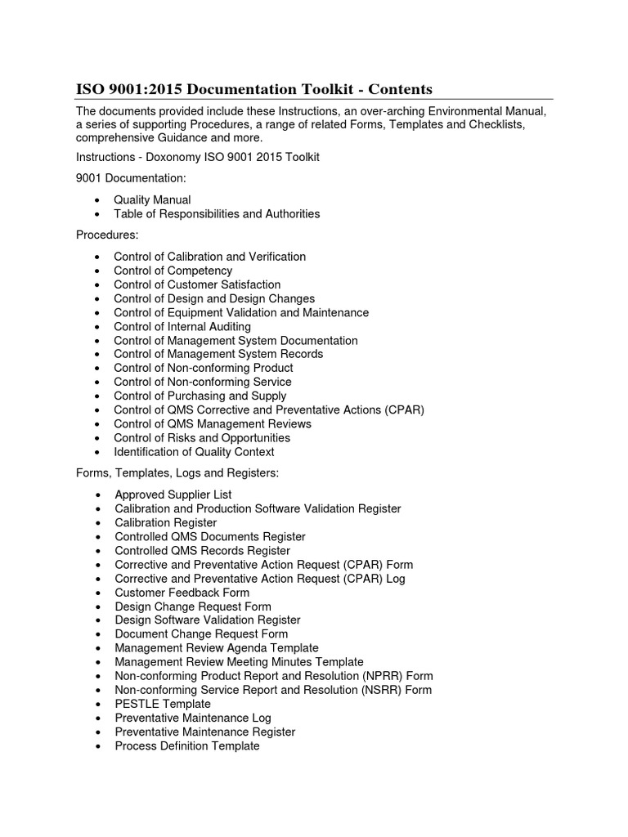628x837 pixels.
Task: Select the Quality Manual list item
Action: [152, 199]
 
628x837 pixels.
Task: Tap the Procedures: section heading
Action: [107, 235]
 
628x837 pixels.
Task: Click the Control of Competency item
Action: [173, 271]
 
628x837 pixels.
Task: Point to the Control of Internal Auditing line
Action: [182, 326]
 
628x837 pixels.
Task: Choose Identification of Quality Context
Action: [195, 452]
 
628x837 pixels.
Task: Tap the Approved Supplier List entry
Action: [173, 495]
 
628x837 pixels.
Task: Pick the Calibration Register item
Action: [166, 522]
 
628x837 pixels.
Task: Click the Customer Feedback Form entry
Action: [182, 593]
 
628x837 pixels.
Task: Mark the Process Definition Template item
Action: [187, 745]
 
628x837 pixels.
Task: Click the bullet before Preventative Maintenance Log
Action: [98, 718]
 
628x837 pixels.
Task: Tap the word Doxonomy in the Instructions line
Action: [171, 158]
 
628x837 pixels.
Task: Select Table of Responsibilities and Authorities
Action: [217, 214]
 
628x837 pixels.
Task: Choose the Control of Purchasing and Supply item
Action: [200, 396]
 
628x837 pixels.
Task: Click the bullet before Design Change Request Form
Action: [98, 606]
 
